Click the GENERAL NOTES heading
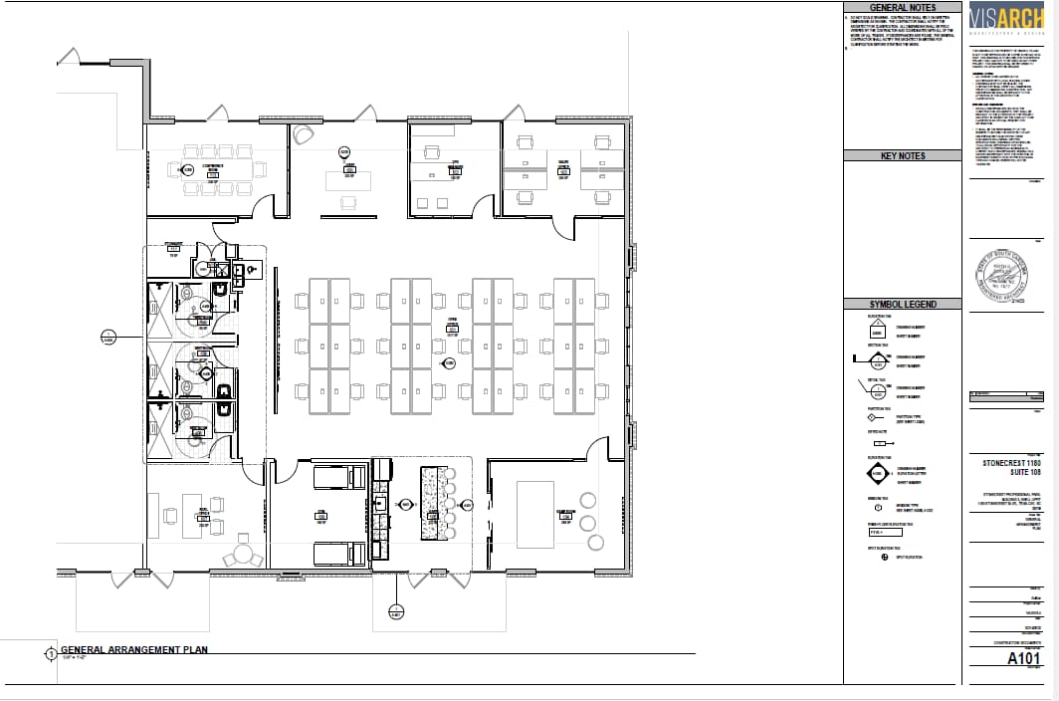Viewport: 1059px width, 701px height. tap(903, 7)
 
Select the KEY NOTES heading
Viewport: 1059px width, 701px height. tap(903, 155)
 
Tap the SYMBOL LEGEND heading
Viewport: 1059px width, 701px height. tap(903, 304)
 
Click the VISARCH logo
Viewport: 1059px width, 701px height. tap(1011, 20)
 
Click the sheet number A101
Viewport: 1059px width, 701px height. tap(1024, 658)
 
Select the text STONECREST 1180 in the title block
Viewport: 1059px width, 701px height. tap(1012, 462)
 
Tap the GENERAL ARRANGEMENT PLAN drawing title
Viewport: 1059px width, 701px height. tap(133, 649)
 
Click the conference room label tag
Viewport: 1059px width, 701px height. tap(211, 171)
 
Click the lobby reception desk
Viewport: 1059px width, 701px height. tap(348, 180)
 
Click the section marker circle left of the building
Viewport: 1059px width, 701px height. tap(108, 337)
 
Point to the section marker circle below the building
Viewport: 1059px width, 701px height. tap(396, 611)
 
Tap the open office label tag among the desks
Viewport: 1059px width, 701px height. tap(452, 328)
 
